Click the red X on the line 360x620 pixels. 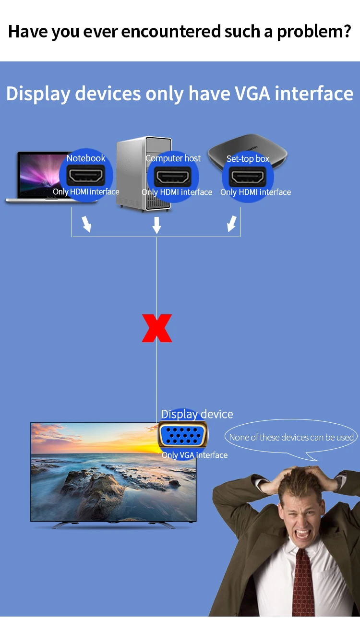pos(157,328)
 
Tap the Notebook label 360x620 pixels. pos(86,158)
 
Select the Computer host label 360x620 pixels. pos(173,158)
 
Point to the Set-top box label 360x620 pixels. pos(248,159)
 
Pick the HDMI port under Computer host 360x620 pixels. pos(173,177)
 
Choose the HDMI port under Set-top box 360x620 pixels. pos(248,177)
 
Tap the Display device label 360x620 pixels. pos(197,414)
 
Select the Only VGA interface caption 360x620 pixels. pos(194,455)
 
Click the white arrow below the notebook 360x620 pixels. pos(86,224)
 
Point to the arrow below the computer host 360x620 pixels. pos(156,225)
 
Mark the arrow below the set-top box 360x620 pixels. pos(232,223)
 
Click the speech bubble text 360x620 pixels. pos(291,437)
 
